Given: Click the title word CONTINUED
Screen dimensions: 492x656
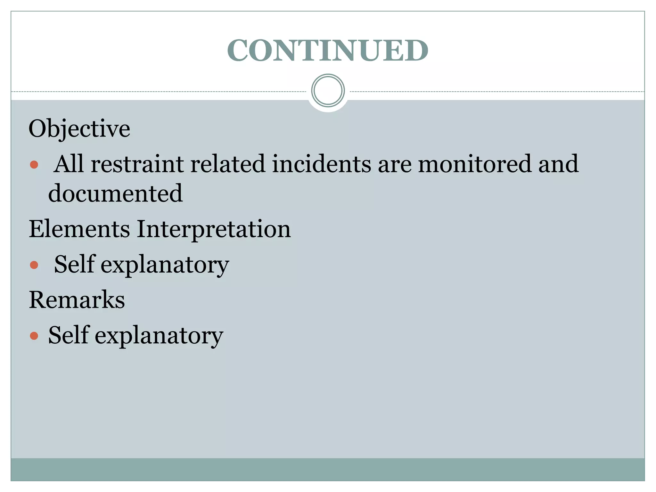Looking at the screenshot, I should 328,50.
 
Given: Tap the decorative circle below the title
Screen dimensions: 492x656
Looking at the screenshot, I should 328,90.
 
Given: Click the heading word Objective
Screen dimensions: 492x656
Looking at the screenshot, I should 79,129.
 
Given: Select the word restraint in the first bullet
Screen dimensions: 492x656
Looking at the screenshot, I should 137,164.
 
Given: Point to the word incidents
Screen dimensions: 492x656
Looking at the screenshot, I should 321,164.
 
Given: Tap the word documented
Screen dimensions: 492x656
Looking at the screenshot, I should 115,193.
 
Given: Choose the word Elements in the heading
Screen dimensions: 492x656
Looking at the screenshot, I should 79,229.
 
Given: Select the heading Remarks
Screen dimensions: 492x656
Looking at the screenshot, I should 77,300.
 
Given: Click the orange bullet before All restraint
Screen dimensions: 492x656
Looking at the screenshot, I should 34,165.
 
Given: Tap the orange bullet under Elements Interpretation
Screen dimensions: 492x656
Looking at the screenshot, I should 34,265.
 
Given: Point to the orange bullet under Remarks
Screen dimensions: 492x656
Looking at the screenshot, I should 34,336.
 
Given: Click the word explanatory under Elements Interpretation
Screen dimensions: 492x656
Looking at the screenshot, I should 165,265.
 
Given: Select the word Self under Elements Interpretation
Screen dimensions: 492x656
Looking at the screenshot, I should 74,264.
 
